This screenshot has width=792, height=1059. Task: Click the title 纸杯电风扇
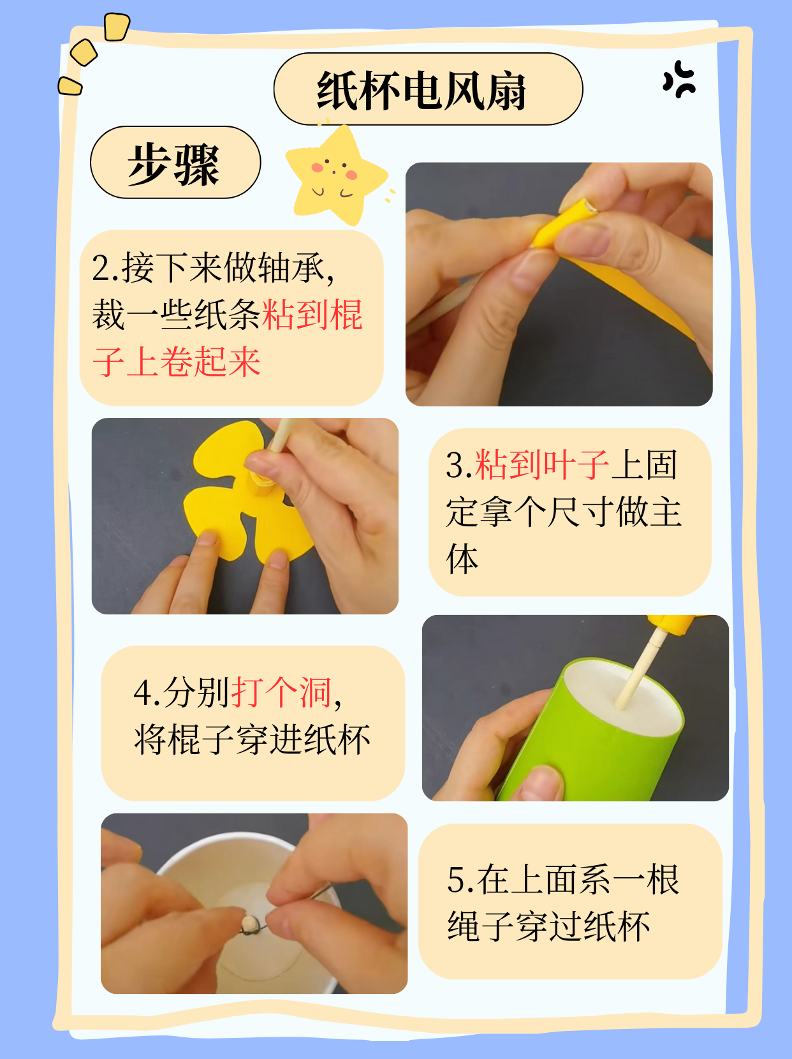pos(422,91)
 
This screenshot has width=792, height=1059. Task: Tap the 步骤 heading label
pos(173,164)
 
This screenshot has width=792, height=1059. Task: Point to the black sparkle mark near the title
pos(679,80)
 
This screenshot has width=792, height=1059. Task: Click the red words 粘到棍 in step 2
pos(312,315)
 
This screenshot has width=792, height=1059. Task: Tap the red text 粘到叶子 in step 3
pos(541,464)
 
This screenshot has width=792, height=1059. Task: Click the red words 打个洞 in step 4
pos(281,692)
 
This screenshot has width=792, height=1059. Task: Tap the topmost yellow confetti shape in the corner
pos(117,27)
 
